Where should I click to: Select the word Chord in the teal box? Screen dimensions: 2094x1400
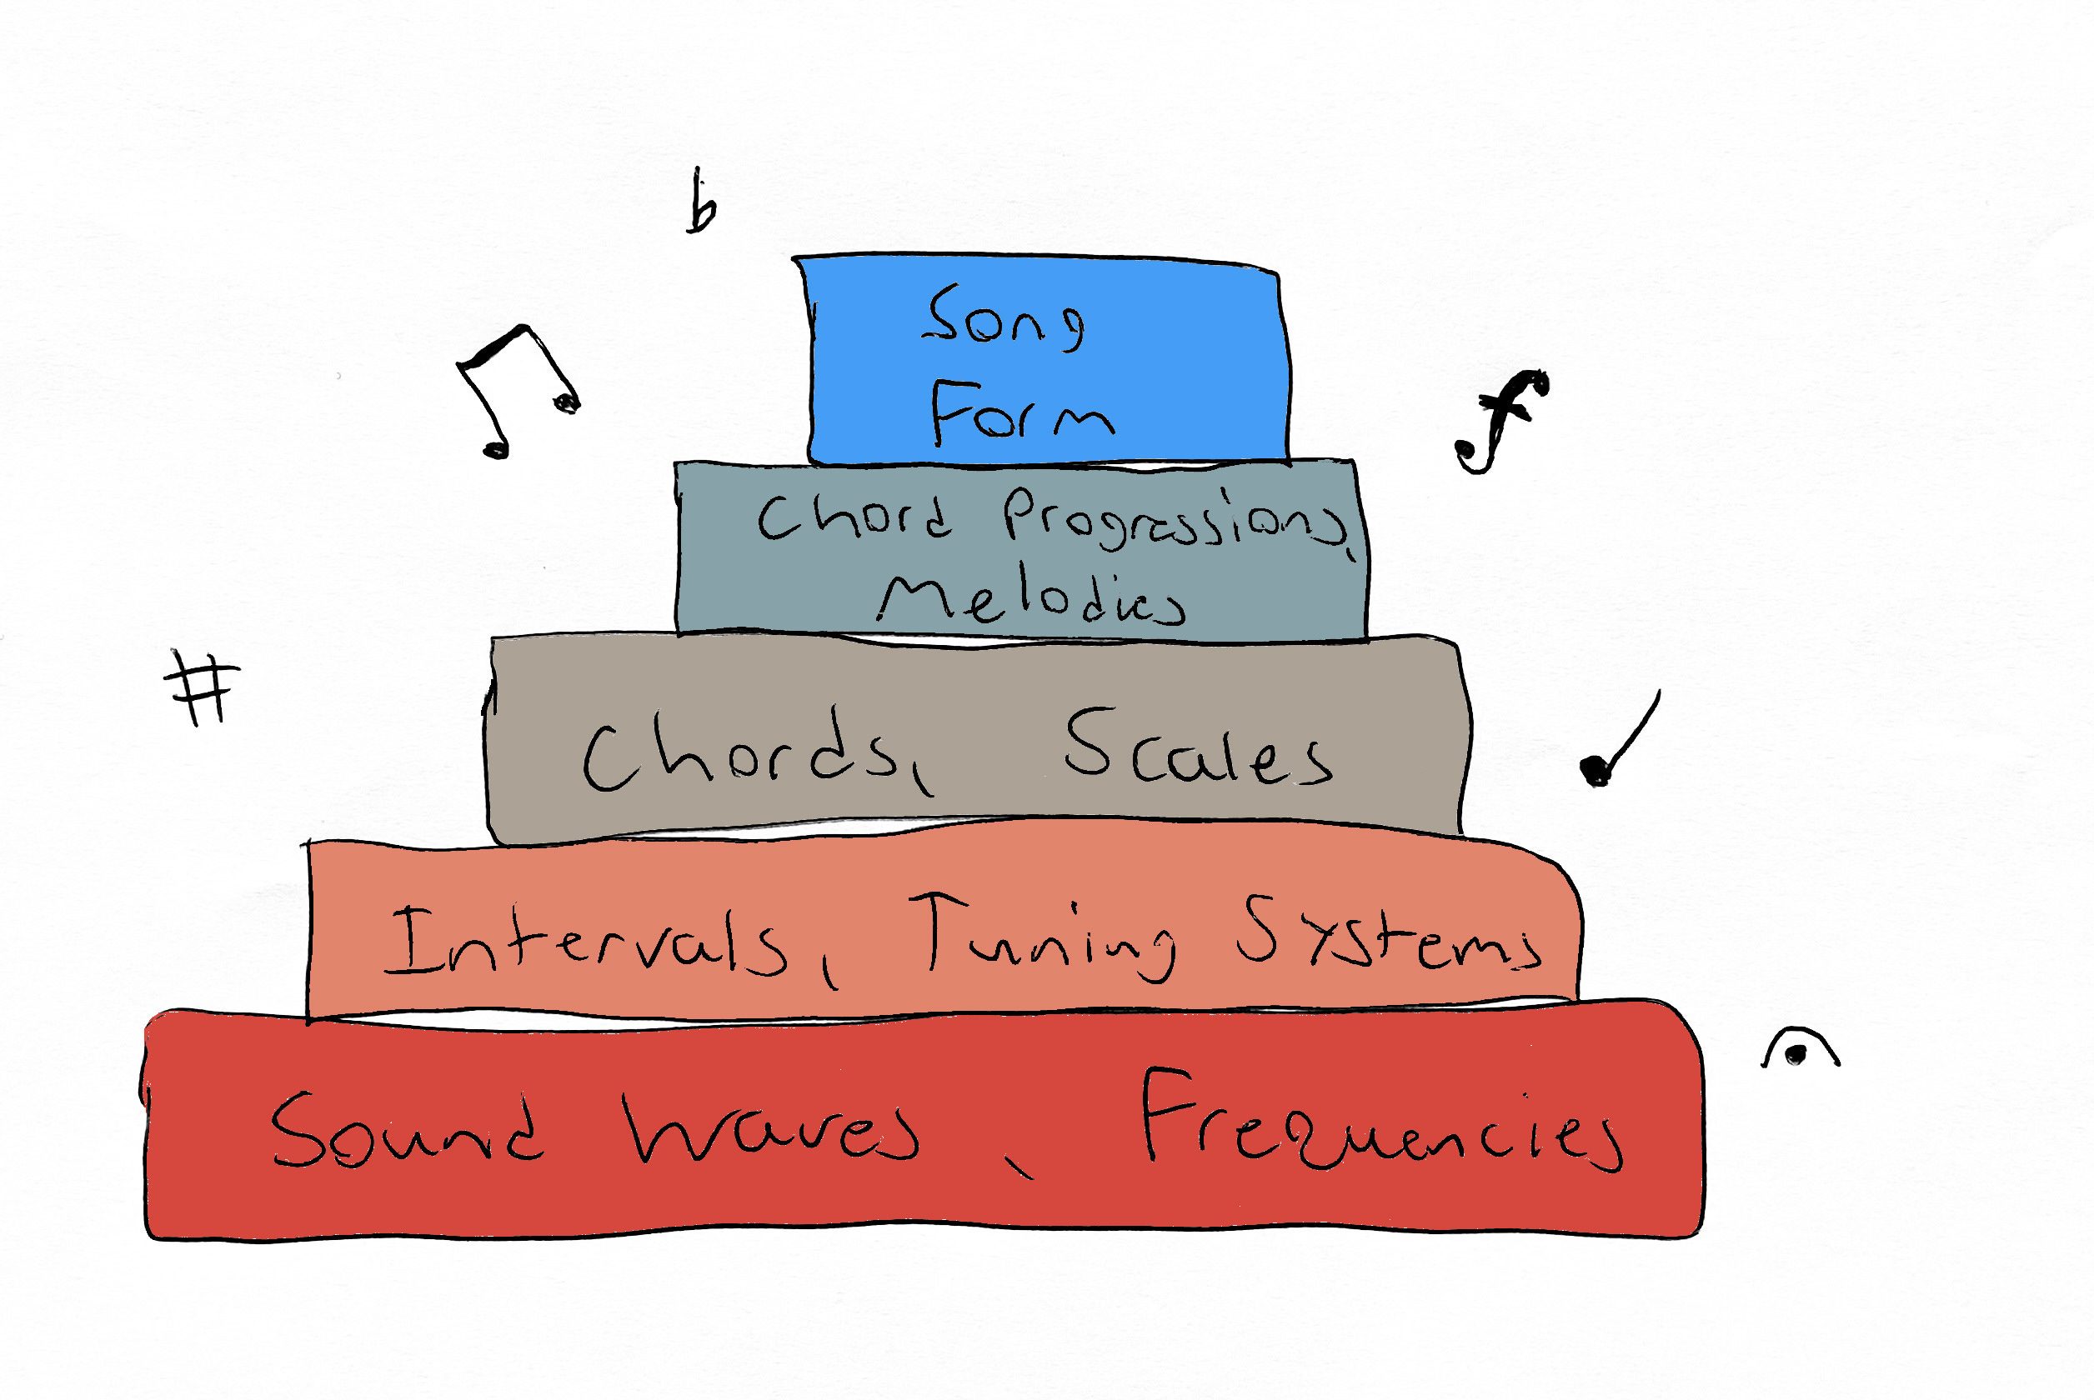coord(854,515)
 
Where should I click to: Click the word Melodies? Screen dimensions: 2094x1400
coord(1031,598)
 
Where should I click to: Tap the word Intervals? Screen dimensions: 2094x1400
coord(586,942)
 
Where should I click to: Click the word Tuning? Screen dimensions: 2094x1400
coord(1041,937)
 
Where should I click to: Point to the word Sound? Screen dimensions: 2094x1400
coord(407,1129)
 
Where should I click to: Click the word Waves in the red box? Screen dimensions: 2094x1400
coord(772,1129)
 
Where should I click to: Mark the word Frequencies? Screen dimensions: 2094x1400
coord(1380,1121)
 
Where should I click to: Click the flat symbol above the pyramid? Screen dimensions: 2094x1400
coord(702,203)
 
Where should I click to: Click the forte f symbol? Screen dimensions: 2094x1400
coord(1502,420)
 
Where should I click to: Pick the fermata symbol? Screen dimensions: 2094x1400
coord(1798,1050)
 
